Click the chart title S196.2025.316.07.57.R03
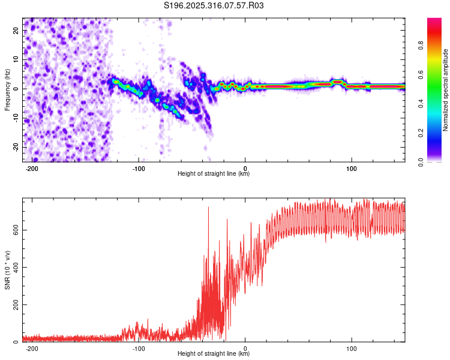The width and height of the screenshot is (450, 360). point(214,5)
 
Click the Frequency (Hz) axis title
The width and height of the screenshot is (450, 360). point(7,90)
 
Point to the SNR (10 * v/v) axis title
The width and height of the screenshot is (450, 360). point(7,271)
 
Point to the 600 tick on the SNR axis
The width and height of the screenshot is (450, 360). point(15,230)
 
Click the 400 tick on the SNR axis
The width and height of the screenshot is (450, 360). point(15,267)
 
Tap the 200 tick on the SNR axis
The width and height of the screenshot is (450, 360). point(15,305)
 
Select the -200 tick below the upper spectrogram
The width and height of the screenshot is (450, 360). point(32,168)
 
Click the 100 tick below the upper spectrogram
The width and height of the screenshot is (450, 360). point(352,168)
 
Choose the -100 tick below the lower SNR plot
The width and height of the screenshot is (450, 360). point(139,348)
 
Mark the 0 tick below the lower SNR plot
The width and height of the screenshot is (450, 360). point(245,348)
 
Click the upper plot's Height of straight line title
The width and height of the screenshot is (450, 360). point(214,174)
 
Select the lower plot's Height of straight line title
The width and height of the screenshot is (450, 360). point(214,354)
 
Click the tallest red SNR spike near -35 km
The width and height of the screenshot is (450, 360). point(208,208)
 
